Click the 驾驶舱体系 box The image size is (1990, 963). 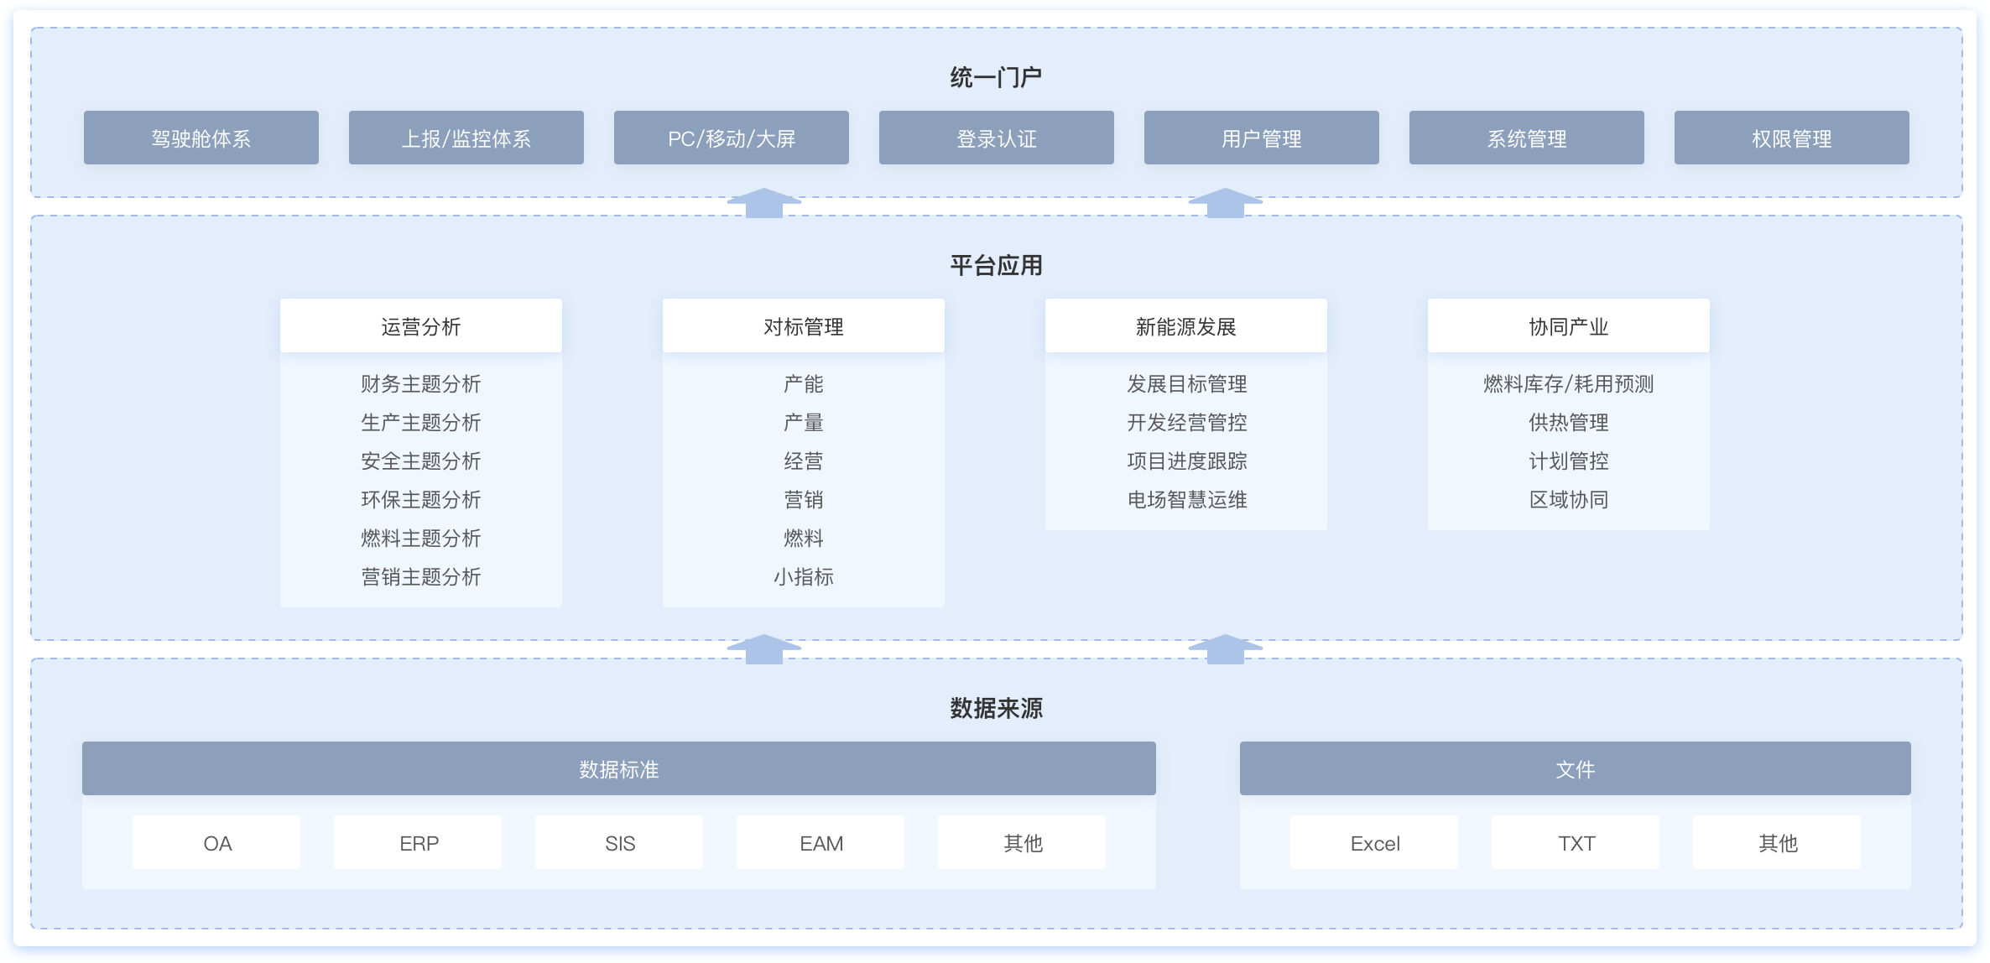(x=201, y=138)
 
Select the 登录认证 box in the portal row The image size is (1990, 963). (x=996, y=138)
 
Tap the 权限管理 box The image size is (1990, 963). (x=1791, y=138)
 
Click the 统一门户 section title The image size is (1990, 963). (x=996, y=77)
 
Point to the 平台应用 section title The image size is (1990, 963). (x=996, y=265)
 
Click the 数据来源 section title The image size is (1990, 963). (x=996, y=708)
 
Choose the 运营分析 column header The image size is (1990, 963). (x=420, y=325)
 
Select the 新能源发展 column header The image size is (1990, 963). (x=1185, y=325)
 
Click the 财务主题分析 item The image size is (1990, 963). (x=420, y=383)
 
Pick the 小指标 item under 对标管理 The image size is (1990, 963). (x=803, y=576)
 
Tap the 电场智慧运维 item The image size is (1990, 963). (x=1186, y=499)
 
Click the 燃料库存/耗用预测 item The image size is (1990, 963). (x=1568, y=383)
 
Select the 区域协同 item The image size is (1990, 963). (x=1568, y=499)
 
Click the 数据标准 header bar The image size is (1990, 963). (x=618, y=768)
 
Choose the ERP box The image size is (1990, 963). (x=418, y=842)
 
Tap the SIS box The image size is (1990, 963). (x=619, y=842)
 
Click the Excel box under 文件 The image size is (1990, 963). (x=1374, y=842)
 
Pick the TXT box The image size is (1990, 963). (x=1576, y=842)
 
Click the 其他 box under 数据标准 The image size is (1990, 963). (x=1022, y=842)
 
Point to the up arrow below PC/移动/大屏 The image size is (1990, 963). (x=763, y=203)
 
